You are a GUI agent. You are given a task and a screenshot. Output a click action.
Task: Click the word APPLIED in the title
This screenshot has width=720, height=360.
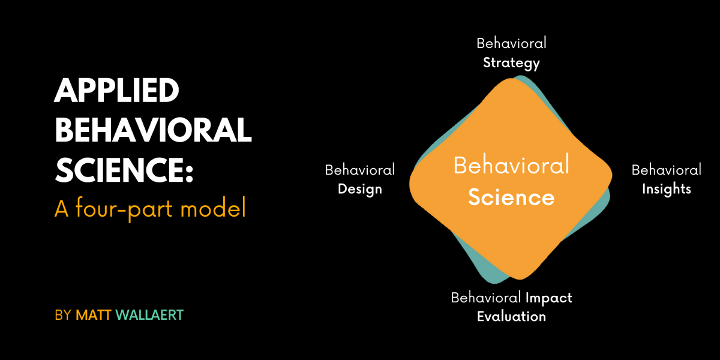tap(117, 92)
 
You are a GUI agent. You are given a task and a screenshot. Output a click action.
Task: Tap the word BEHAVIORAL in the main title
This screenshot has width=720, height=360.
tap(153, 130)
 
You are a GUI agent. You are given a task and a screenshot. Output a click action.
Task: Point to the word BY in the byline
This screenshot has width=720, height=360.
tap(62, 315)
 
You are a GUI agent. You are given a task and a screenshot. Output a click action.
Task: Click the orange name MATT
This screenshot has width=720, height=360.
tap(94, 315)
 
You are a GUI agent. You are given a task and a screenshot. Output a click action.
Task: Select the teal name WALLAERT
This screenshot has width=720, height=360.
tap(149, 315)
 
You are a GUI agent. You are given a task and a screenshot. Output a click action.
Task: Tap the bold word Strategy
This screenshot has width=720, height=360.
tap(511, 62)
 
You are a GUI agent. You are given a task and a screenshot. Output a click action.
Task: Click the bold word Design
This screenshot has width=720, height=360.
tap(360, 189)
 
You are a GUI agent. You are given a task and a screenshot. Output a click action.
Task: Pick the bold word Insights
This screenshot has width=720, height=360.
tap(667, 189)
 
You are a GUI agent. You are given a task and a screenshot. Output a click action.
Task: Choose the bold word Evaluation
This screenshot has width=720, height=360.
tap(511, 316)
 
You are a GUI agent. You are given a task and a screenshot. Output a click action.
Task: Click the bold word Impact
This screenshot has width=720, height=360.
tap(548, 298)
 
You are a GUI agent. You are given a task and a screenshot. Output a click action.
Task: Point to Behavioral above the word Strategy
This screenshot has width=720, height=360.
tap(511, 43)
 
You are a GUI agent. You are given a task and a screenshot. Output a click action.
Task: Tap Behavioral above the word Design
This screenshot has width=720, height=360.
tap(360, 170)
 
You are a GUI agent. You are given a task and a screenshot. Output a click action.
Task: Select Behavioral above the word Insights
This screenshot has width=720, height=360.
tap(667, 170)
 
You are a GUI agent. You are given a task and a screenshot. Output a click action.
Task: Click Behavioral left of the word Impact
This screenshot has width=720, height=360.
tap(486, 298)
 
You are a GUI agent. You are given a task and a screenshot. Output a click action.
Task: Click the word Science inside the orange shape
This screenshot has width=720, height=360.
tap(511, 197)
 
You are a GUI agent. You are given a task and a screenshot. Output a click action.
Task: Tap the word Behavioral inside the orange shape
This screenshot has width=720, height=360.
tap(511, 165)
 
